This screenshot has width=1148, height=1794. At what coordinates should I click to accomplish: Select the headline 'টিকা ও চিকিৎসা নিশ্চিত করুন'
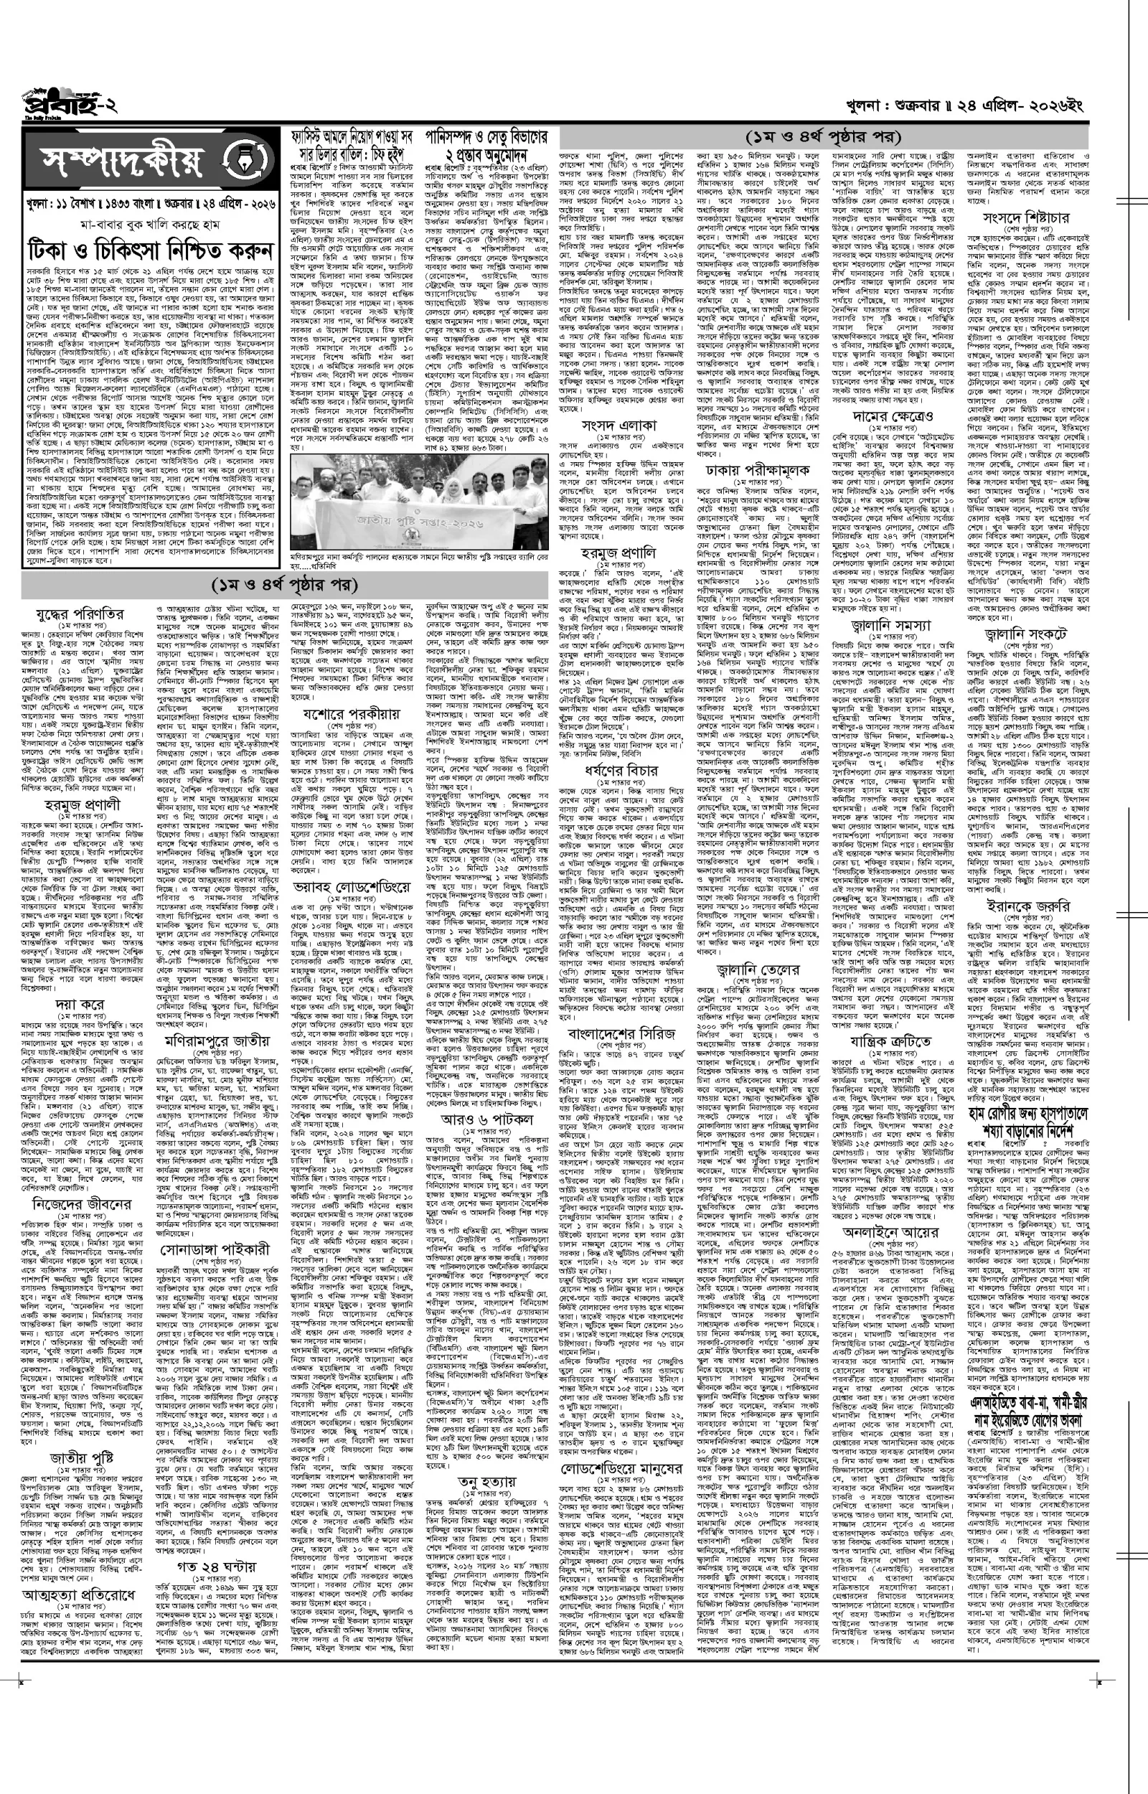(148, 249)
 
